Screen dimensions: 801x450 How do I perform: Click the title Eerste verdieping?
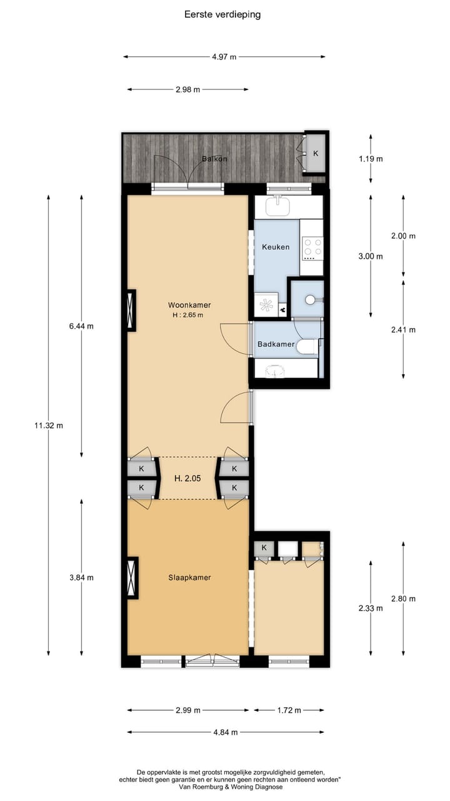222,14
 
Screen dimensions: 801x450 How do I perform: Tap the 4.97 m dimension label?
224,57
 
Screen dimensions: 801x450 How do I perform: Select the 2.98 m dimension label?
187,89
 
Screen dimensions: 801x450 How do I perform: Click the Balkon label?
214,159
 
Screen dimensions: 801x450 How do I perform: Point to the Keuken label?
276,247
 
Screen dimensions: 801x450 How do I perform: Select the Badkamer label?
276,344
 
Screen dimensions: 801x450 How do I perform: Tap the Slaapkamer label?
189,578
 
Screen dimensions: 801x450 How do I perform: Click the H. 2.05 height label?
187,479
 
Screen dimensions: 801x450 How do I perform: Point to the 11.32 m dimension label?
49,426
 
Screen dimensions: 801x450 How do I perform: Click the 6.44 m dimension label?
81,326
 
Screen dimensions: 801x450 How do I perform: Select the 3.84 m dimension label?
81,578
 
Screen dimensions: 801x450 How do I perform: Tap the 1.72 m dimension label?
289,710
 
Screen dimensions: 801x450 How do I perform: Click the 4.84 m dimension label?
225,732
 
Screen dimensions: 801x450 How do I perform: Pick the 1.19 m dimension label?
371,159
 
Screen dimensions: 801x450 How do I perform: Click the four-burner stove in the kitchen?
312,248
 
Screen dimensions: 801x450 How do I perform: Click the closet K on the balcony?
315,153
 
